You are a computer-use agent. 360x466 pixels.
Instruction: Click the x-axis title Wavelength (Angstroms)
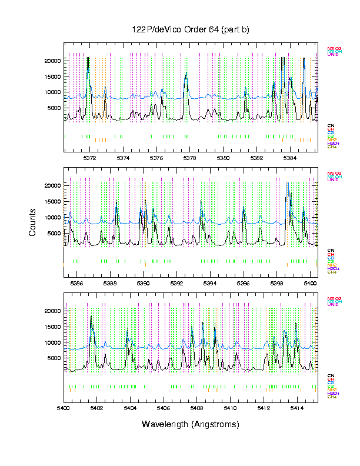coord(190,424)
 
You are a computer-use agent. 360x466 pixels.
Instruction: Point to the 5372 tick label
coord(89,158)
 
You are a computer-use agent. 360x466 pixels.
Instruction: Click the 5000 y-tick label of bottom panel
coord(54,358)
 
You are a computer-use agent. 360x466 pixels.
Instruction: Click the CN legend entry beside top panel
coord(331,126)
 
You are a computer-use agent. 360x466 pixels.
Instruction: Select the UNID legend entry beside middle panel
coord(333,179)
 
